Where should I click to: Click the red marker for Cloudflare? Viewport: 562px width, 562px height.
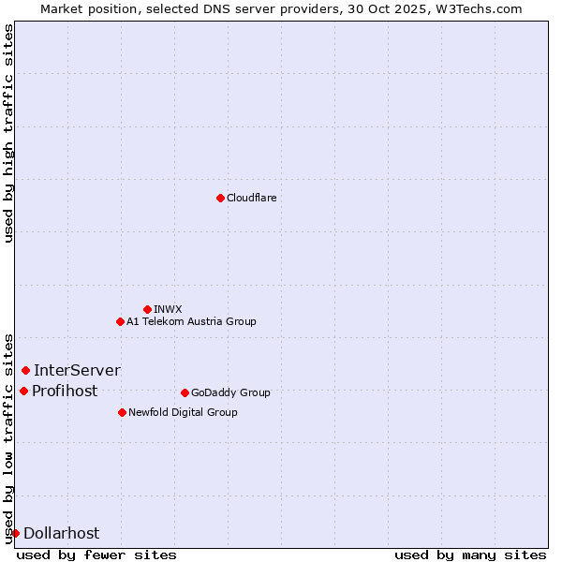[220, 198]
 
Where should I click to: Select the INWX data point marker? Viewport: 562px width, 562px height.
[147, 309]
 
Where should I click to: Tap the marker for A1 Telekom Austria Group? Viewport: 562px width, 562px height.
[120, 321]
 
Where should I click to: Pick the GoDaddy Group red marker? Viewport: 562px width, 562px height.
[185, 392]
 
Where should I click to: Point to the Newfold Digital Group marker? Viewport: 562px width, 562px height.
[122, 412]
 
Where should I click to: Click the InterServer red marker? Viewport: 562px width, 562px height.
[25, 370]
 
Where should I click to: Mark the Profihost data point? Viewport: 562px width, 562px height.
[23, 391]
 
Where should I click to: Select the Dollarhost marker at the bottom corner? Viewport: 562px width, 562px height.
[15, 533]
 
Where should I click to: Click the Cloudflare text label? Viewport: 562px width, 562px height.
[252, 198]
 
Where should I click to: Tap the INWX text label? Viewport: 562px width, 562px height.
[168, 309]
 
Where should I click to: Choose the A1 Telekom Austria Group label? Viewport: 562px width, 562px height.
[191, 321]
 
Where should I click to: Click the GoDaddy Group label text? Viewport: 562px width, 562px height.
[230, 392]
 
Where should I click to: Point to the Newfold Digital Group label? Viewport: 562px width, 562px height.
[183, 412]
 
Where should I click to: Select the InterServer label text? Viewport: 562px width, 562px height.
[77, 370]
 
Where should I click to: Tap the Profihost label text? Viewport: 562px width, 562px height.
[65, 391]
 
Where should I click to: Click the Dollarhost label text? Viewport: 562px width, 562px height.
[61, 533]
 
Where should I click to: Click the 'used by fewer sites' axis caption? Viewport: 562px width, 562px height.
[96, 555]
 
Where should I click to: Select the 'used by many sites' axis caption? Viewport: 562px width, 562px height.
[470, 555]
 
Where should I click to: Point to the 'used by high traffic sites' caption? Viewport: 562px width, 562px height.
[8, 133]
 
